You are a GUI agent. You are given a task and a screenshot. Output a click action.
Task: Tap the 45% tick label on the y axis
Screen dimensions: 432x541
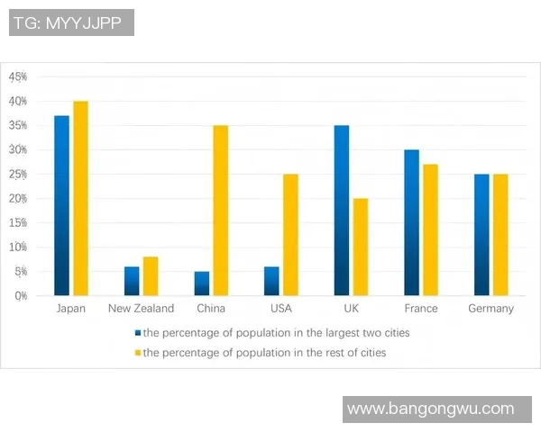click(x=18, y=77)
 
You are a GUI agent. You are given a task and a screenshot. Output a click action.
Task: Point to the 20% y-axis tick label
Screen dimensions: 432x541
click(x=18, y=199)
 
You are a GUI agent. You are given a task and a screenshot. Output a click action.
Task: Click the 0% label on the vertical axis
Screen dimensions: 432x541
click(x=20, y=295)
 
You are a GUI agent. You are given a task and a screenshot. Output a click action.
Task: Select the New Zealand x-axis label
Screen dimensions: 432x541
click(x=141, y=309)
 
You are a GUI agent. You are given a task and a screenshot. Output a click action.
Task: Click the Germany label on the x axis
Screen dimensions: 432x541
click(x=491, y=309)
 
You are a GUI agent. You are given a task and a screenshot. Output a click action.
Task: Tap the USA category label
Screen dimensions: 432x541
click(x=281, y=309)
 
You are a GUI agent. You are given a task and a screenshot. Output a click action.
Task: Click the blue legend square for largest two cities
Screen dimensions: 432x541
click(x=137, y=333)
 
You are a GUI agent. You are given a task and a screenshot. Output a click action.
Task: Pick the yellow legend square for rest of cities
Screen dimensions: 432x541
click(x=137, y=353)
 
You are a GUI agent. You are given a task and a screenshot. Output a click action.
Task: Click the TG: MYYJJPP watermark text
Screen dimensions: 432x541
click(x=71, y=22)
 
